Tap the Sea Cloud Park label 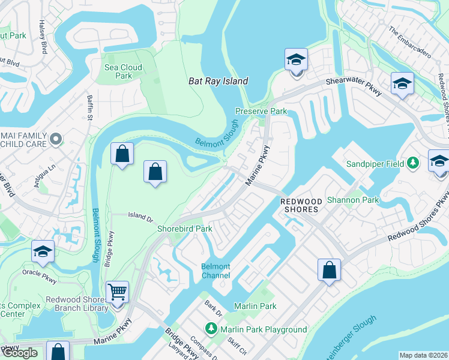click(123, 72)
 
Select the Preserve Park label click(261, 112)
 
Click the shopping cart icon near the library click(117, 293)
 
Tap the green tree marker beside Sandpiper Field click(412, 163)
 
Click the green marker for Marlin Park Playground click(211, 329)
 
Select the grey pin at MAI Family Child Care click(56, 139)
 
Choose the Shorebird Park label click(185, 229)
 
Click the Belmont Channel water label click(215, 271)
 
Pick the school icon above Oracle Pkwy click(43, 253)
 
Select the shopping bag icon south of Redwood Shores click(329, 271)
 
